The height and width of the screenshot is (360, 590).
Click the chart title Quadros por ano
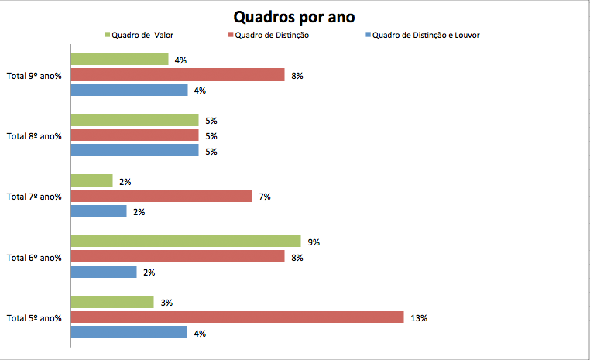coord(296,16)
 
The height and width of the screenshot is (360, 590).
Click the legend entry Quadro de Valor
coord(140,35)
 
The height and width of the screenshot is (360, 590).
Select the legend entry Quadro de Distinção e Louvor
coord(426,35)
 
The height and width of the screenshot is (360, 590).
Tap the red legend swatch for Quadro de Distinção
coord(231,35)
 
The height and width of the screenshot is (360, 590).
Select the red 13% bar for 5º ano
coord(237,317)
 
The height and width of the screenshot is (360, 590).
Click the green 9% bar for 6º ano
coord(186,242)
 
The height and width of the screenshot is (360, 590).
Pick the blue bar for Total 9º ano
coord(129,90)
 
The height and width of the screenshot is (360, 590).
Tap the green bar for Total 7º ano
coord(91,181)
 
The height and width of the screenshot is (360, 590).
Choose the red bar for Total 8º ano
coord(135,135)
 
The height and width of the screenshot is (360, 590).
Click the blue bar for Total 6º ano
coord(104,272)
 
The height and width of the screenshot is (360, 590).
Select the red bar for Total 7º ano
coord(161,196)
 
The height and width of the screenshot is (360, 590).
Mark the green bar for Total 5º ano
coord(112,302)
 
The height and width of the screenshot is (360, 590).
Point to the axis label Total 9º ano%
coord(34,75)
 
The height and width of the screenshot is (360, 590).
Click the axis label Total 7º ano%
coord(34,197)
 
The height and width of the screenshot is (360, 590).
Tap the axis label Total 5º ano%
coord(34,318)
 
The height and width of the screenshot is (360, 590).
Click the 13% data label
coord(418,318)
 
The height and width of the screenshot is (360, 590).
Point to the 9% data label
coord(314,242)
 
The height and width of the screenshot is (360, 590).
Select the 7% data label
coord(265,197)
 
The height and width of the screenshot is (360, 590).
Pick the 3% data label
coord(166,303)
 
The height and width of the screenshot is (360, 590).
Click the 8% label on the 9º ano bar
coord(297,75)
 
